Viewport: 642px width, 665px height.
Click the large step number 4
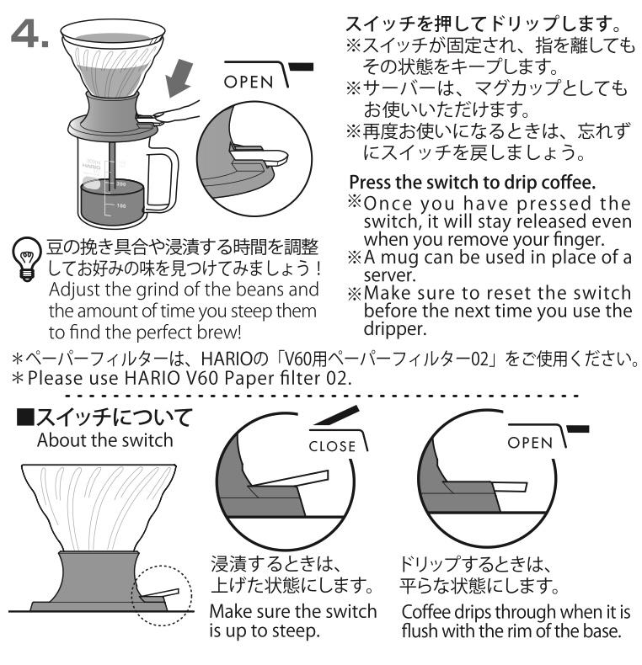[x=29, y=33]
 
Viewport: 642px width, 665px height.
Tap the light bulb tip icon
[x=27, y=258]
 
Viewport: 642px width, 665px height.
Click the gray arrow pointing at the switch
[x=179, y=77]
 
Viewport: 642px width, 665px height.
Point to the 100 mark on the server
[x=121, y=205]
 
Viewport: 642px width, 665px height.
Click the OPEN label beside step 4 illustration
[x=249, y=82]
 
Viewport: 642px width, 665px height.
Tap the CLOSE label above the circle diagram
[x=332, y=446]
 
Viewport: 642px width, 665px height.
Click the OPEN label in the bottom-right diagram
[x=530, y=443]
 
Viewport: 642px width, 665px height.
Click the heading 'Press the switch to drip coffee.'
[x=472, y=183]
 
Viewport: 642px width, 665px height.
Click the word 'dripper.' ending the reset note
[x=395, y=329]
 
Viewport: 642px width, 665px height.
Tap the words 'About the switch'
[x=104, y=440]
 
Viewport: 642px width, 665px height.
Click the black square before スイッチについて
[x=24, y=417]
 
